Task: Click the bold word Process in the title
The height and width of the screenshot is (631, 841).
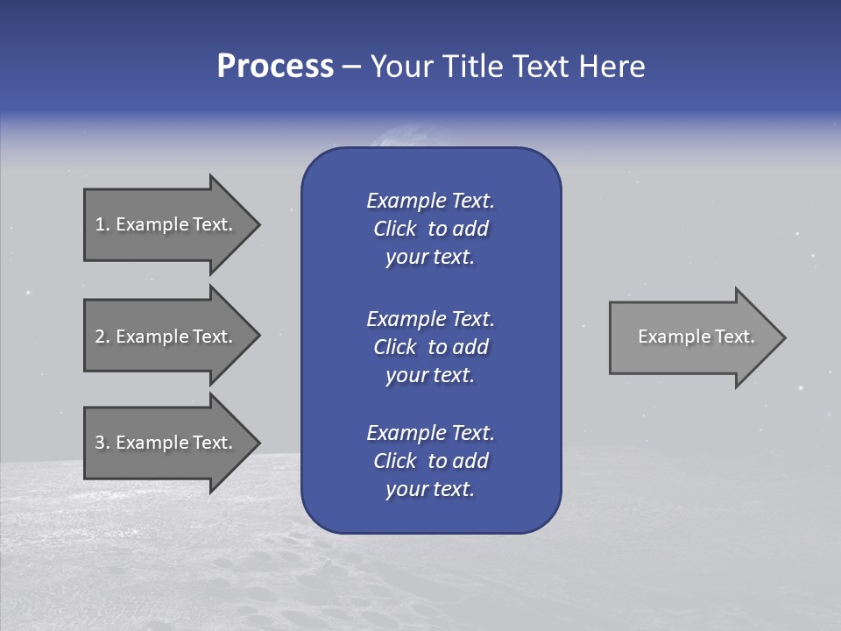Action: pos(275,67)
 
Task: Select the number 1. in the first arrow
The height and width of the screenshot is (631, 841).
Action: pos(102,224)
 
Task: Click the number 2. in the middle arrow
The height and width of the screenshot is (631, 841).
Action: pos(102,337)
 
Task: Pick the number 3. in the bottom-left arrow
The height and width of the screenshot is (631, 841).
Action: pos(102,443)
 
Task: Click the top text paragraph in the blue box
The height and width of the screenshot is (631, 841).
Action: pos(430,229)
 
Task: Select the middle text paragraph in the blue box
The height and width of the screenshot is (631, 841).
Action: pos(430,347)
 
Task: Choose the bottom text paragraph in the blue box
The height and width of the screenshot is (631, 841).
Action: pos(430,461)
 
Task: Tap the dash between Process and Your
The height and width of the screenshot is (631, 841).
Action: pos(351,67)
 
